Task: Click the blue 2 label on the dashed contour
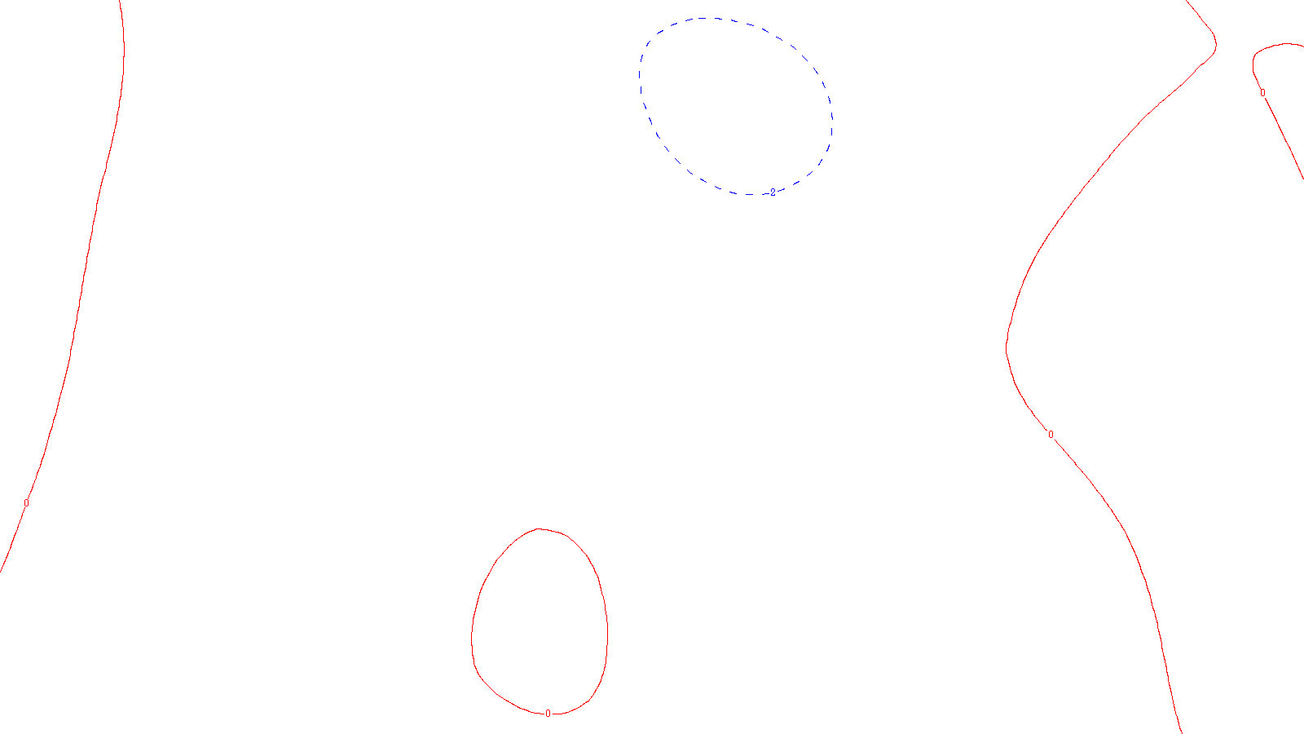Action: pyautogui.click(x=773, y=192)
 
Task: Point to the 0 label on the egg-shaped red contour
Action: pyautogui.click(x=548, y=714)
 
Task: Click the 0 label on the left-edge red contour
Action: pyautogui.click(x=26, y=503)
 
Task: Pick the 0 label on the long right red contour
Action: pyautogui.click(x=1051, y=435)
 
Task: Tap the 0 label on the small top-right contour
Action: pyautogui.click(x=1262, y=93)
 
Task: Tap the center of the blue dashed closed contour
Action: pyautogui.click(x=735, y=106)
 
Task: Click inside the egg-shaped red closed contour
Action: pyautogui.click(x=540, y=624)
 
